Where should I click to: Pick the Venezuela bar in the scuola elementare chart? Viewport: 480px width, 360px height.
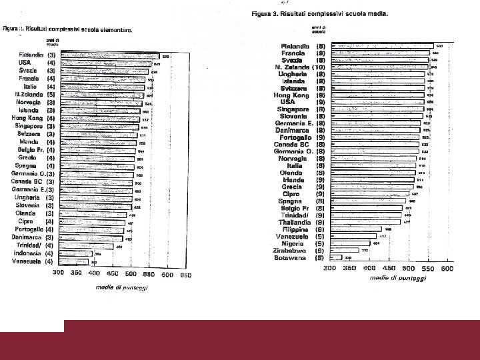pos(75,261)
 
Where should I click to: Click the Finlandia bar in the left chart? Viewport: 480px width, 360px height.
pos(109,57)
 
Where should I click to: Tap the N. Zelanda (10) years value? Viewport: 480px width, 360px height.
pos(320,67)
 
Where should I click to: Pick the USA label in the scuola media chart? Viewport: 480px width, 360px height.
pos(297,102)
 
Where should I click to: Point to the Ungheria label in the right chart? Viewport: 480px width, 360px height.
pos(292,74)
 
